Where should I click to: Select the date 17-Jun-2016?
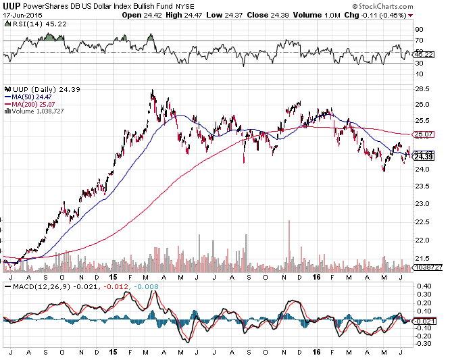click(22, 15)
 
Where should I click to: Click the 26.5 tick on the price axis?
click(423, 88)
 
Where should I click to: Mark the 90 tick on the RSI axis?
click(419, 29)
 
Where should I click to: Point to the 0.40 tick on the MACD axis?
click(423, 286)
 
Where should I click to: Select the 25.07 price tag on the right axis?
click(424, 134)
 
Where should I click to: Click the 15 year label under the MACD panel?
click(111, 352)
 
